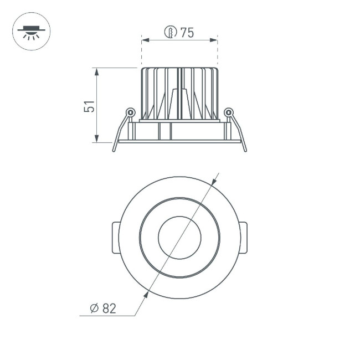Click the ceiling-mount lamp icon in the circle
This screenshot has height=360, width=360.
pos(31,31)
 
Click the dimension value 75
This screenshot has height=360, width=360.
pos(187,33)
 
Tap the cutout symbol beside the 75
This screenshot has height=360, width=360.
pos(171,33)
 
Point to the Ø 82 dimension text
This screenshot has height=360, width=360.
pos(103,308)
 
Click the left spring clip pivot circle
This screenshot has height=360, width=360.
pos(130,112)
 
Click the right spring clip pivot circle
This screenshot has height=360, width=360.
pos(228,112)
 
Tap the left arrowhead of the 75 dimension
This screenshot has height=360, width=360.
pos(145,40)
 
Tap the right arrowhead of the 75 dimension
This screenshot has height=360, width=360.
pos(214,40)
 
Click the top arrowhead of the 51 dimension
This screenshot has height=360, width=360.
pos(97,71)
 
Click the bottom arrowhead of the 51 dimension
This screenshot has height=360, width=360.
pos(97,139)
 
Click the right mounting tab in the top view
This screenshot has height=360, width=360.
pos(243,238)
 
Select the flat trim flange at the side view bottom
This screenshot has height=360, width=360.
pos(179,141)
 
